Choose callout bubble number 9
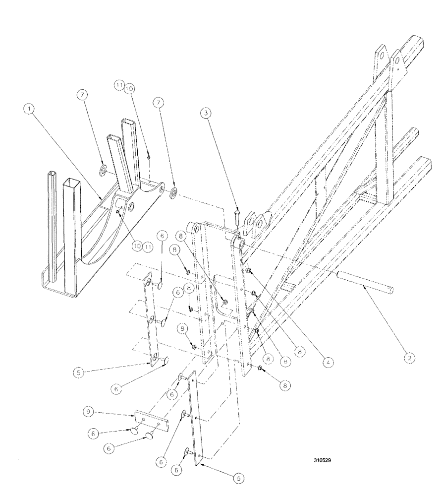[88, 411]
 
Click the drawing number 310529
[323, 459]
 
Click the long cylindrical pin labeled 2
[366, 281]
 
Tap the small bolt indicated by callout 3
[237, 217]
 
